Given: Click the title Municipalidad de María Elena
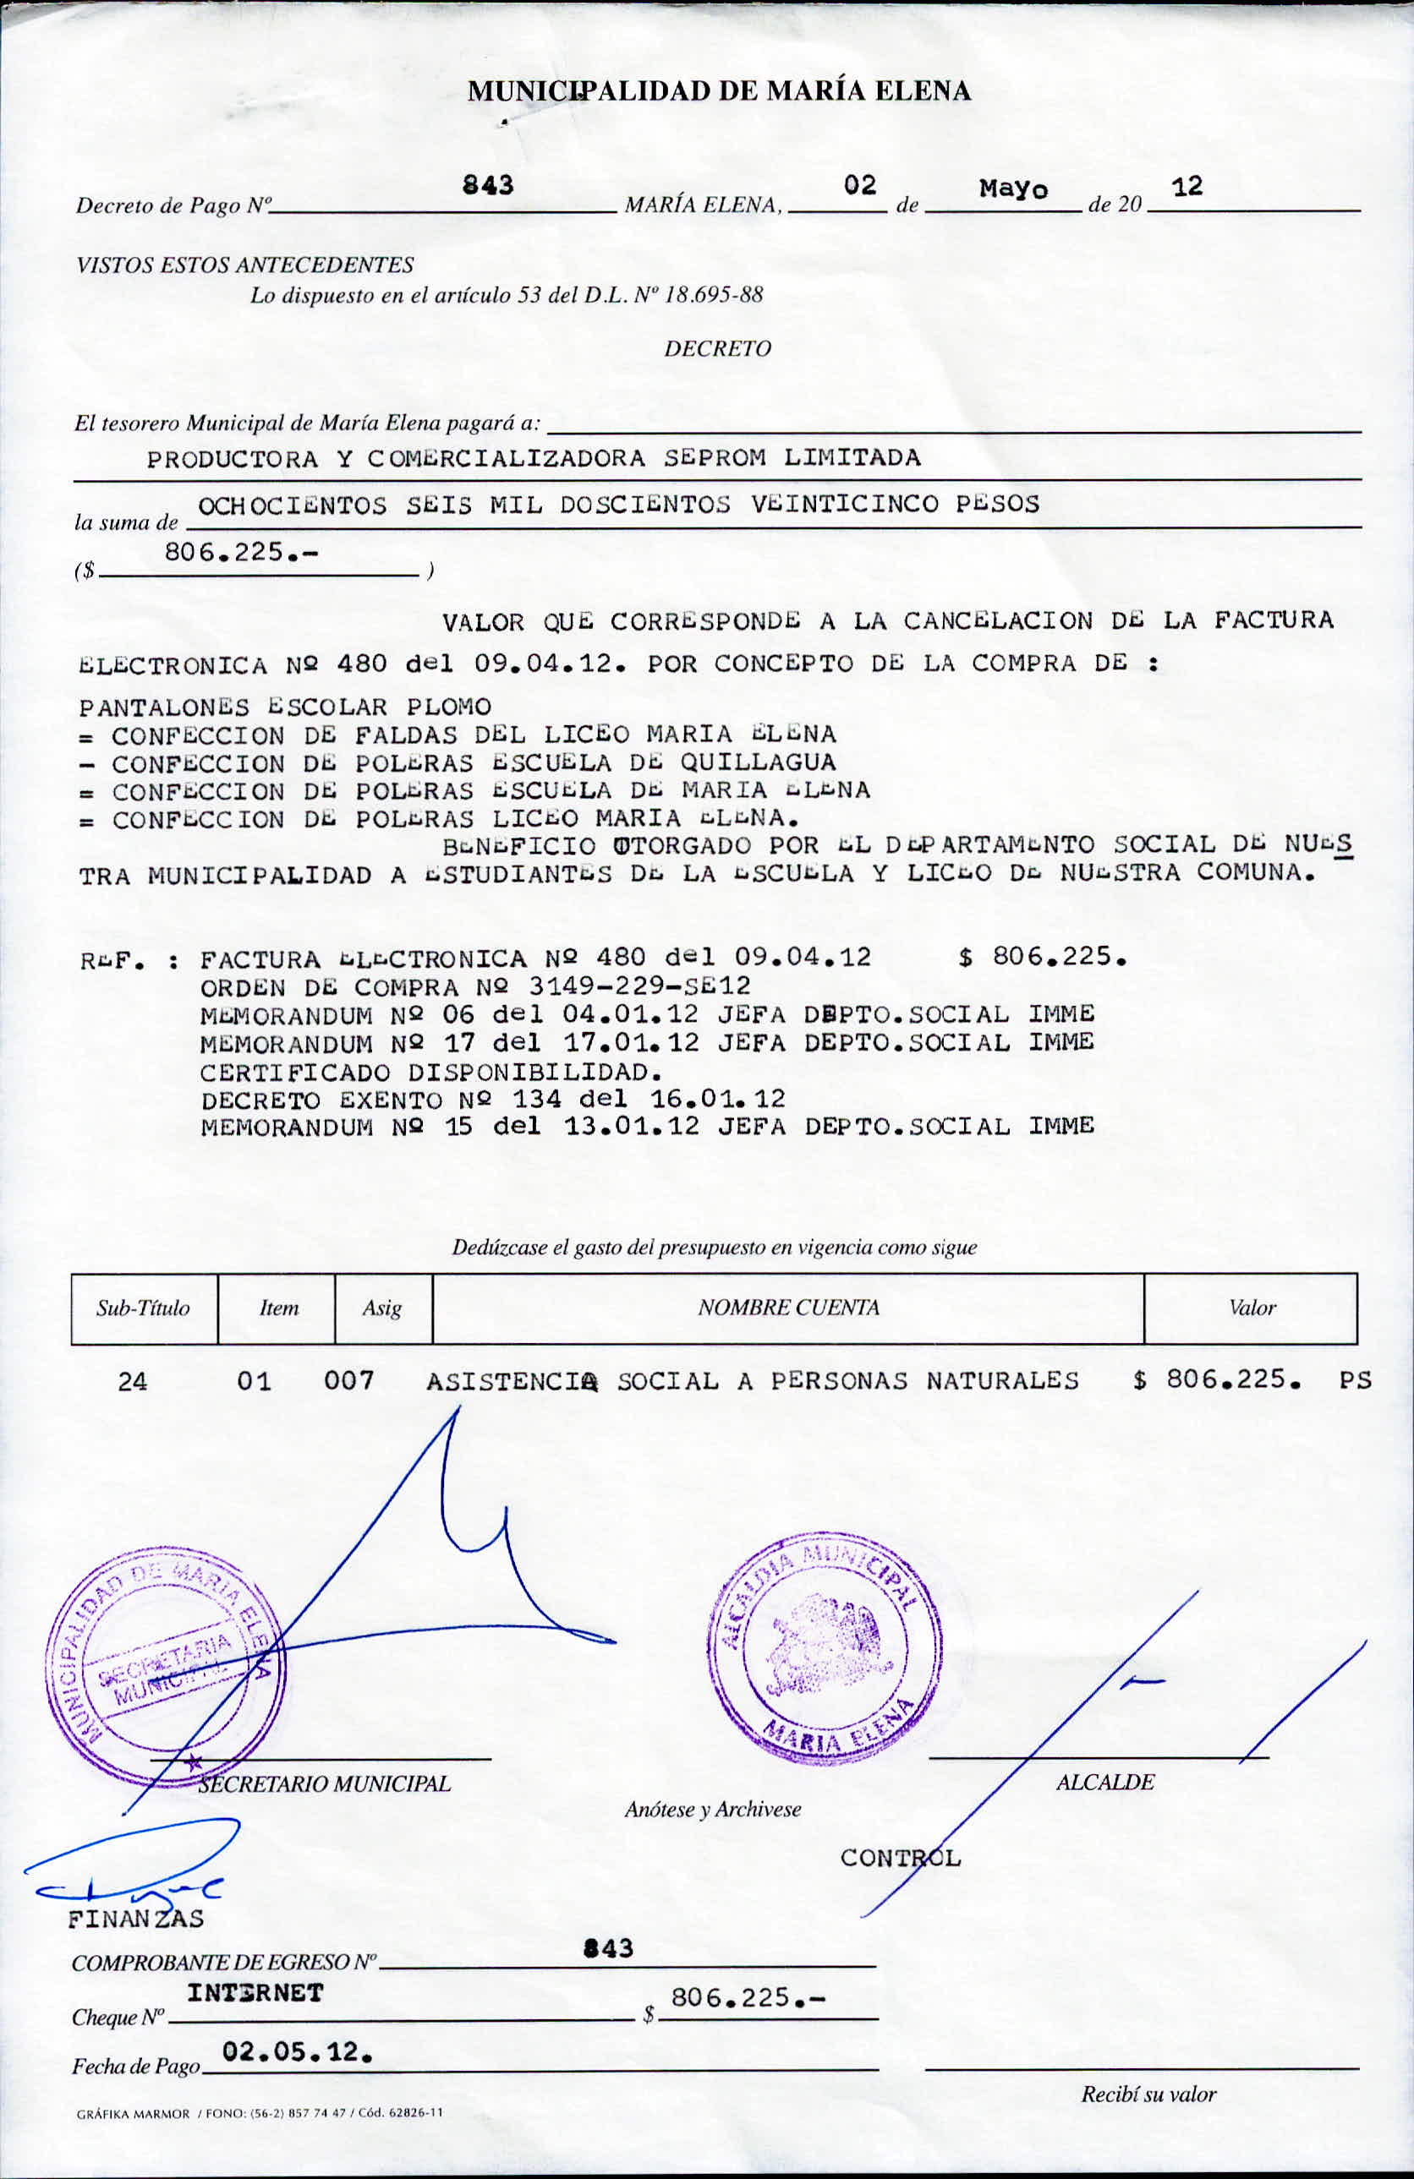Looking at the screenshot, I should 719,90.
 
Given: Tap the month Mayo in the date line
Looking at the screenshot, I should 1013,189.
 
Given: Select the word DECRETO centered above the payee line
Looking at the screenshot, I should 718,349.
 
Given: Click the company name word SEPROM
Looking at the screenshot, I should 715,458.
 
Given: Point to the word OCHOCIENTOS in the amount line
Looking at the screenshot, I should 292,505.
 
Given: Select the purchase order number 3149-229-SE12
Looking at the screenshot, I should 640,986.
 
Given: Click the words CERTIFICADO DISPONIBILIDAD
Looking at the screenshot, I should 430,1071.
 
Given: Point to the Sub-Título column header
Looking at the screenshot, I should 143,1308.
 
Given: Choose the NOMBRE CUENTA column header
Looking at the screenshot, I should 788,1308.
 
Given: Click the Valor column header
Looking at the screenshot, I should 1252,1308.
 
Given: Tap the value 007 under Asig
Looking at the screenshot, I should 349,1380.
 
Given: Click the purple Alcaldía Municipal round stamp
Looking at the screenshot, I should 825,1649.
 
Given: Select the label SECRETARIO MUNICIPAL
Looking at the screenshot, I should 324,1783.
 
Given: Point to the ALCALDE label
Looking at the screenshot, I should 1104,1782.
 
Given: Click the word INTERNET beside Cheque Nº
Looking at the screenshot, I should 255,1993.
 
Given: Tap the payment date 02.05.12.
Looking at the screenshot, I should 297,2051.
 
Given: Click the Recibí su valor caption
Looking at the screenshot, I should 1148,2094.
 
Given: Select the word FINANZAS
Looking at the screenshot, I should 135,1918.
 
